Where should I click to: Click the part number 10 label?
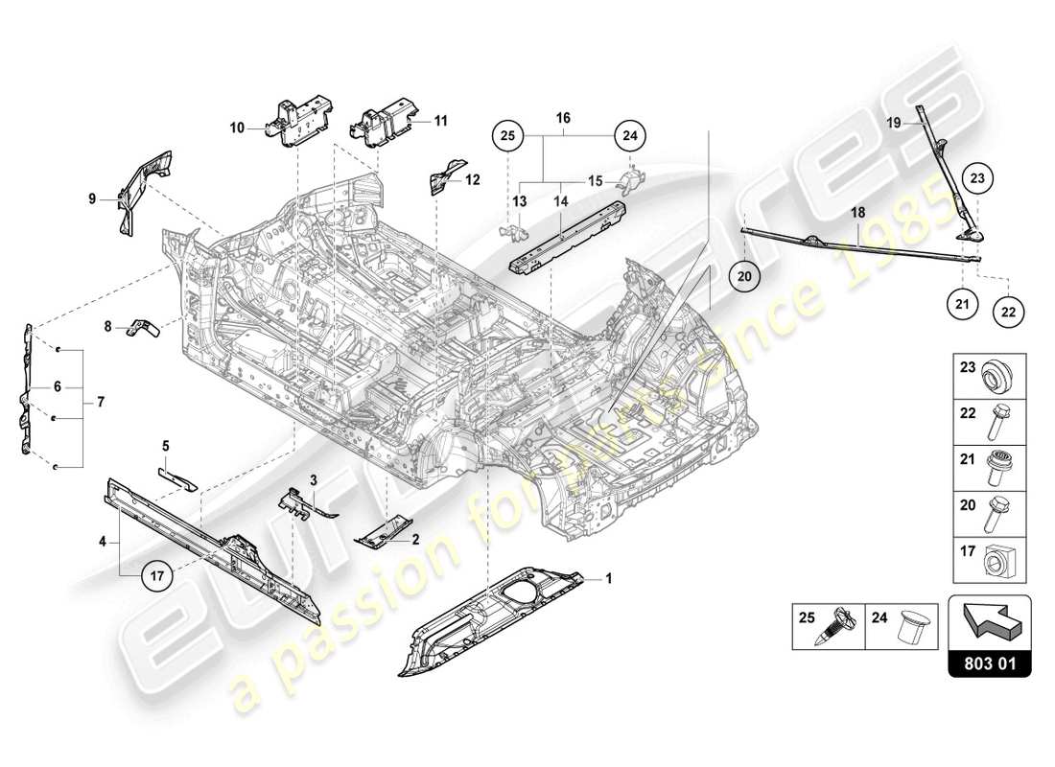[x=236, y=127]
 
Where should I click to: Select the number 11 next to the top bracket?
[x=441, y=121]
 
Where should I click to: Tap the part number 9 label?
[x=93, y=199]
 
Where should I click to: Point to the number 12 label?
[x=472, y=179]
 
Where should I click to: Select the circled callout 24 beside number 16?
[x=629, y=137]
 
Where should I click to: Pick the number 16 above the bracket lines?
[x=563, y=118]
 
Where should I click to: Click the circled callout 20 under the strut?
[x=748, y=277]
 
